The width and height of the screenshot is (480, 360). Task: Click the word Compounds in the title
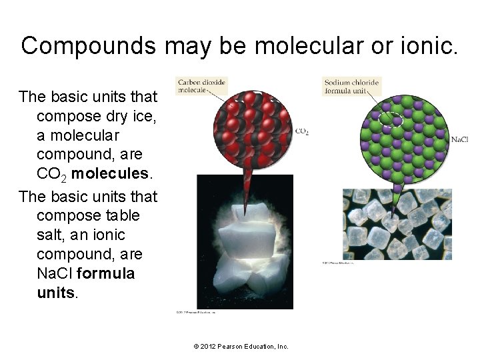(x=88, y=45)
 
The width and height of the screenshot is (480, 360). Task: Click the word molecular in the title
(x=311, y=45)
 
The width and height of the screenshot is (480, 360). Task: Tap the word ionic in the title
(x=427, y=45)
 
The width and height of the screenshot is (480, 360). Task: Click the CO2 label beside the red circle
(x=301, y=132)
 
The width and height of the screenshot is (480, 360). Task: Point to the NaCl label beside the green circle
(x=459, y=139)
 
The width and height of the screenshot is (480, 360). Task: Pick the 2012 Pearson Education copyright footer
(x=241, y=346)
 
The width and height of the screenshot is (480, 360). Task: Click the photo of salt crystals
(x=396, y=224)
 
